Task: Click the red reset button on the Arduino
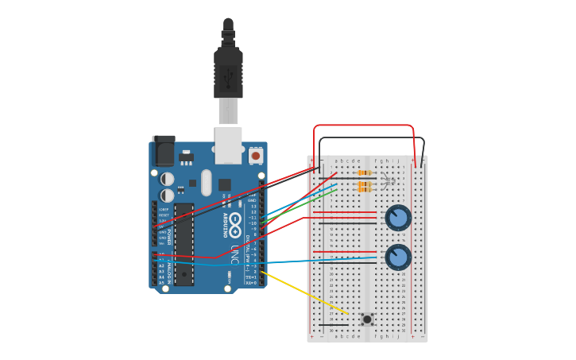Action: [256, 156]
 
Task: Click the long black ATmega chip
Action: [184, 243]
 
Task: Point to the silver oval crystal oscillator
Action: [207, 182]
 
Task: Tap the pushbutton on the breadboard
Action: [367, 319]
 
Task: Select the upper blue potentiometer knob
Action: [398, 217]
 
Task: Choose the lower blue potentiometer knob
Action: [398, 257]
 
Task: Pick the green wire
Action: [302, 206]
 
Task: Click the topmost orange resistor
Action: [365, 172]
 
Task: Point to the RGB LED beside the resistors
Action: [387, 181]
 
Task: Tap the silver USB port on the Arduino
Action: [229, 145]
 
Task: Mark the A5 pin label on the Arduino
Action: [161, 282]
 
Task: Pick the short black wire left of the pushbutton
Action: [333, 324]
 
